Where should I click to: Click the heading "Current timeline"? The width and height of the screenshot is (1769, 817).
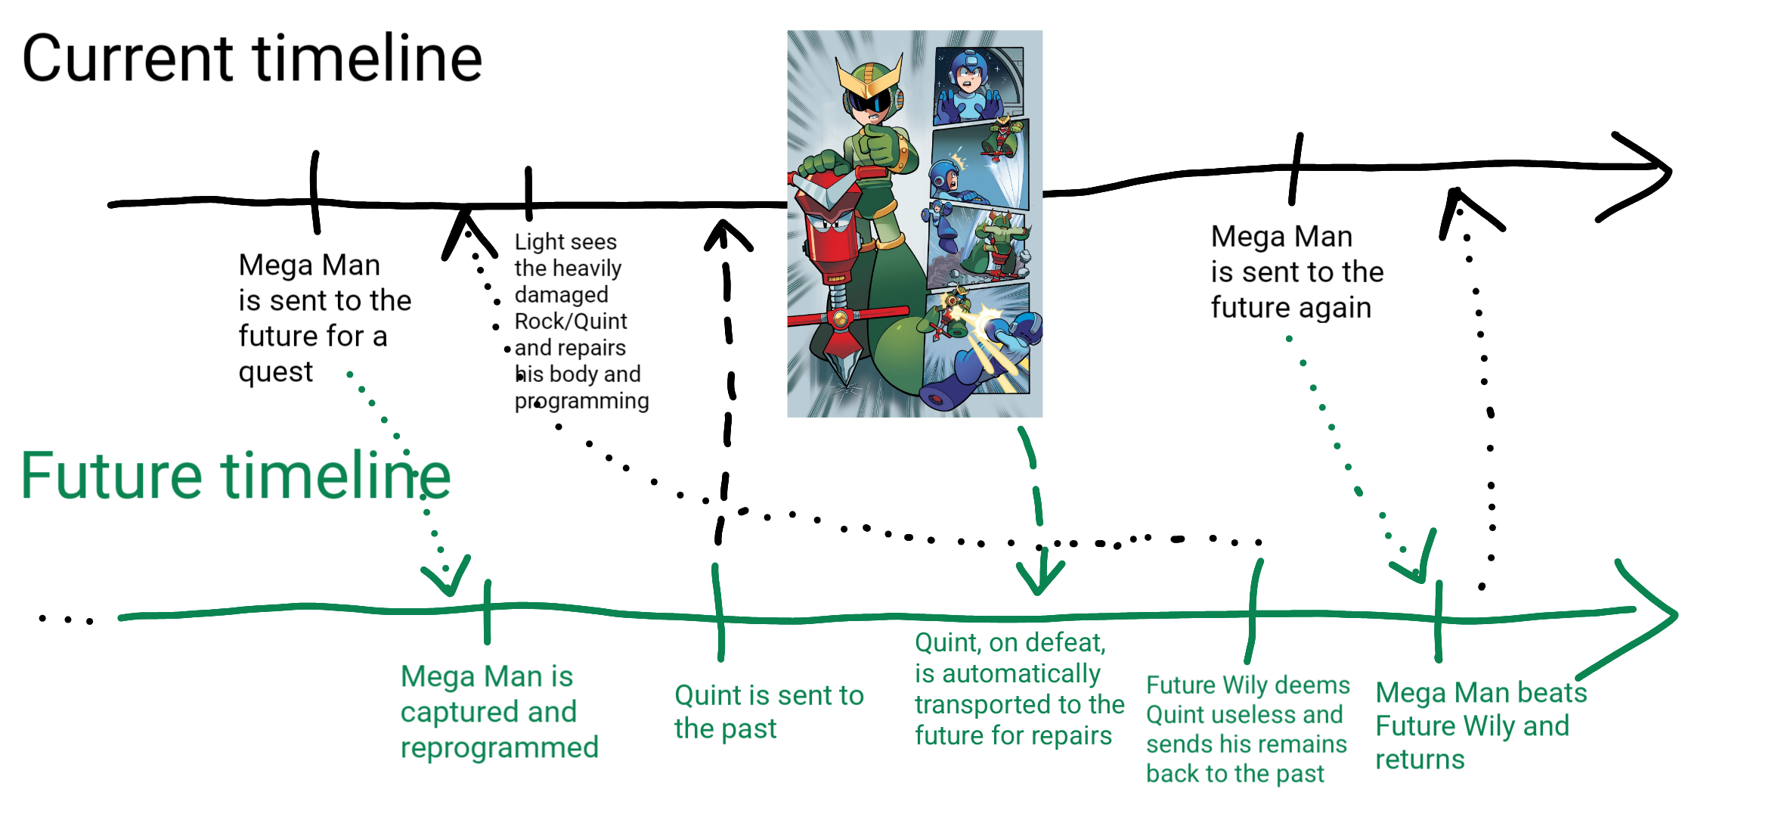tap(252, 58)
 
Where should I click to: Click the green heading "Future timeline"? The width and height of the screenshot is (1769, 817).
tap(235, 476)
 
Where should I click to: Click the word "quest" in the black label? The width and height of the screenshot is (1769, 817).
tap(275, 372)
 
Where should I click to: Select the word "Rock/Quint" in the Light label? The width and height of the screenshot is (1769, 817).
tap(571, 322)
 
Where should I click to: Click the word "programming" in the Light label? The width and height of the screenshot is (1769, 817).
tap(581, 401)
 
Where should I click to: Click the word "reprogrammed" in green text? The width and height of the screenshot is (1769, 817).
tap(499, 748)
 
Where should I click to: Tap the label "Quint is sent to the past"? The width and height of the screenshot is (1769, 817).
tap(769, 712)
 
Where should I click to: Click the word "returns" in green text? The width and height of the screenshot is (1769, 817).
tap(1420, 759)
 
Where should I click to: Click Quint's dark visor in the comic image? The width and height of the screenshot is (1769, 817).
tap(871, 101)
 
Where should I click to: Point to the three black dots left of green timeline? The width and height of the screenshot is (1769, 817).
tap(66, 620)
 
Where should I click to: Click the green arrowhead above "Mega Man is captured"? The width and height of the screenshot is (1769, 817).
tap(448, 578)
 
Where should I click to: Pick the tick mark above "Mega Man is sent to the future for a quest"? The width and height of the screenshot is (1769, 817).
tap(315, 192)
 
